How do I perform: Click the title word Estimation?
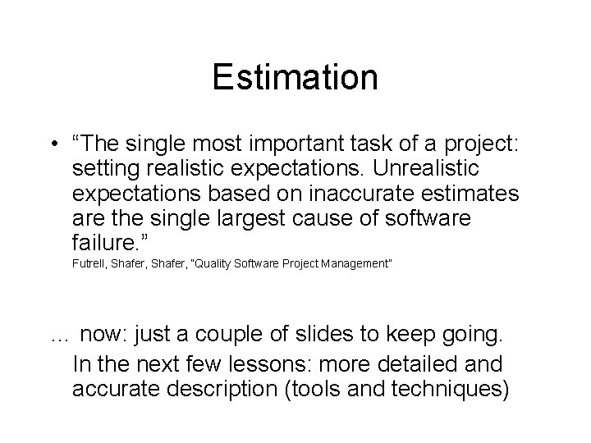[x=295, y=78]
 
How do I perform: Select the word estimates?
[x=479, y=196]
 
